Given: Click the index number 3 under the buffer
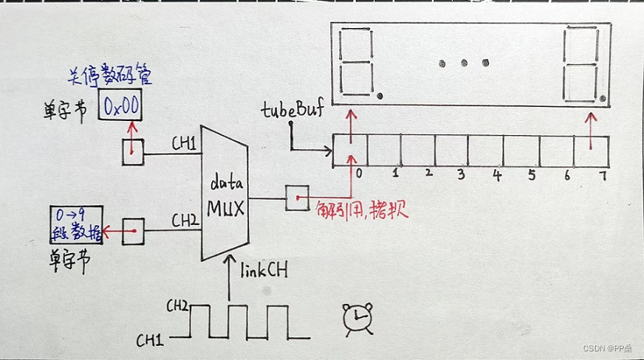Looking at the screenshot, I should pos(461,175).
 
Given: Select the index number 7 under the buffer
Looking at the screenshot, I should pos(602,176).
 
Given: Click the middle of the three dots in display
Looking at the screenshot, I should pos(464,62).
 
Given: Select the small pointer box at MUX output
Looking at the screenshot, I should pos(297,198).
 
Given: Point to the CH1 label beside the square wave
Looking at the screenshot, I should pos(151,340).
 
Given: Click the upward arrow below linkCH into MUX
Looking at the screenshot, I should pos(229,280).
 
